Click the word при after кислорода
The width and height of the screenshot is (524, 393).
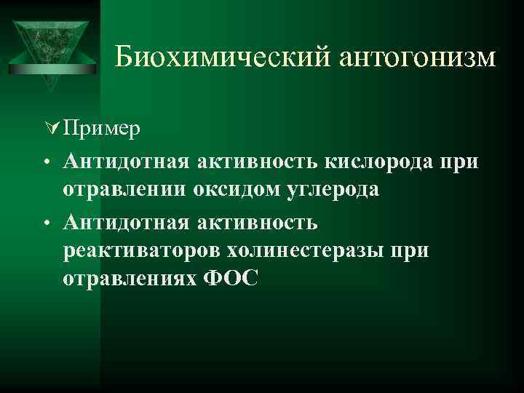(x=460, y=161)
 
